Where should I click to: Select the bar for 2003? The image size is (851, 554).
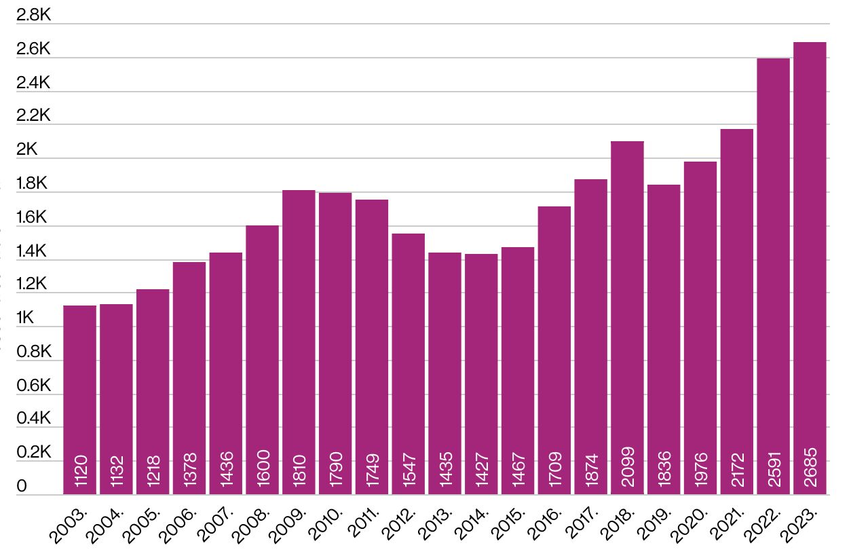tap(79, 400)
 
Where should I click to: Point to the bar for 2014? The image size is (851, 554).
tap(481, 374)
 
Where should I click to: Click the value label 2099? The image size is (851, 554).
tap(627, 466)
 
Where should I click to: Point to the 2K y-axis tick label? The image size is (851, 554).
tap(27, 149)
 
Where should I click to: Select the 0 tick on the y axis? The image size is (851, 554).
tap(22, 486)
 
